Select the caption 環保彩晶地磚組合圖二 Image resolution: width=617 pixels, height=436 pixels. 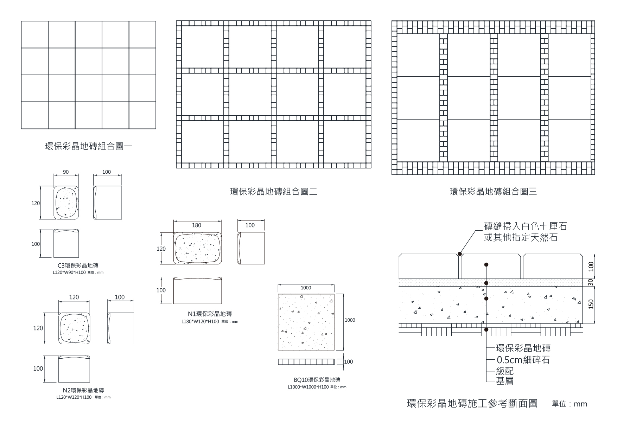(x=273, y=192)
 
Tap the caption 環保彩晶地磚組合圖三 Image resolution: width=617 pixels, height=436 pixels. (x=493, y=192)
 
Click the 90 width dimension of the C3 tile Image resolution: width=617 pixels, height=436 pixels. (x=66, y=172)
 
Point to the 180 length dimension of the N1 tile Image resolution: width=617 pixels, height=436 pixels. (x=197, y=225)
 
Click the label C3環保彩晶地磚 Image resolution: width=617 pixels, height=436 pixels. (x=78, y=266)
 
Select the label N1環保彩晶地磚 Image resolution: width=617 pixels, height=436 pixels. (x=210, y=314)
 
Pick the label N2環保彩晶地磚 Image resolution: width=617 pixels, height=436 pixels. (x=83, y=390)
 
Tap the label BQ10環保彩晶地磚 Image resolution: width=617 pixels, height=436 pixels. (x=317, y=380)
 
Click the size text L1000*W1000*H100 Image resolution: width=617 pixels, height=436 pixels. (x=308, y=387)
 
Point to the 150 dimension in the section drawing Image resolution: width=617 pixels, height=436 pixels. (x=591, y=304)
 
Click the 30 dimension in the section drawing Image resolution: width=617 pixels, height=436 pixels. (x=591, y=282)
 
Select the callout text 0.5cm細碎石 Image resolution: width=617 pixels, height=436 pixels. (x=523, y=360)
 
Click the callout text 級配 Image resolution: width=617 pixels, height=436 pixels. (x=505, y=371)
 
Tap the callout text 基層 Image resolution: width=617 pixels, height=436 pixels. (x=505, y=381)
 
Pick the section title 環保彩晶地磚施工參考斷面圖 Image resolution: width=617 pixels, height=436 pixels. (x=472, y=403)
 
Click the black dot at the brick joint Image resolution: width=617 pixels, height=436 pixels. (x=459, y=254)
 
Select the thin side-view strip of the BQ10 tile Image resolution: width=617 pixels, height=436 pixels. (x=306, y=362)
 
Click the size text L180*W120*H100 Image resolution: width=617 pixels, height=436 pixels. (x=200, y=321)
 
